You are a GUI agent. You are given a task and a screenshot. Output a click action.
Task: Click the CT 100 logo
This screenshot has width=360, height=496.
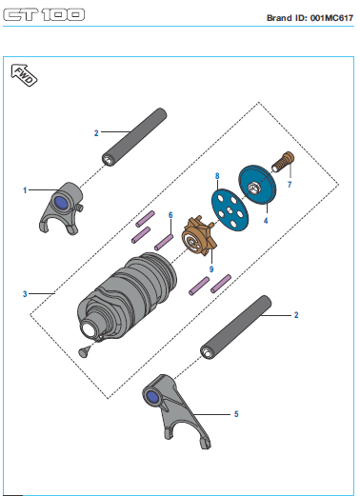tap(44, 15)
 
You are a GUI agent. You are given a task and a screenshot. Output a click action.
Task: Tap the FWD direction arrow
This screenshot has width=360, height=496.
tap(24, 75)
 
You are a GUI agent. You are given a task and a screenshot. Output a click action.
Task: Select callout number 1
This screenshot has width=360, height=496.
tap(25, 190)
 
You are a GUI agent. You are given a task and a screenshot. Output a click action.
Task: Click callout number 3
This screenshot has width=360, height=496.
tap(25, 294)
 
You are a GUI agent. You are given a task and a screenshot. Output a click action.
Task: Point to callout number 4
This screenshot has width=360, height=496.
tap(266, 220)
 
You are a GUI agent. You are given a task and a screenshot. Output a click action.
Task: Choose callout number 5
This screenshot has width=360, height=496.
tap(236, 414)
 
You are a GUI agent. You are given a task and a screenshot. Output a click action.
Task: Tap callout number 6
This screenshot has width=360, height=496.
tap(170, 215)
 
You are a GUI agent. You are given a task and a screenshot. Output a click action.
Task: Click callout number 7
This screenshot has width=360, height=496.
tap(290, 185)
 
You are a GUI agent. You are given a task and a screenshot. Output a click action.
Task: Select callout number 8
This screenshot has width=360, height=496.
tap(217, 176)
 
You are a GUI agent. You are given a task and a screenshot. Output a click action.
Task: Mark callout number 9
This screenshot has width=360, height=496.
tap(211, 269)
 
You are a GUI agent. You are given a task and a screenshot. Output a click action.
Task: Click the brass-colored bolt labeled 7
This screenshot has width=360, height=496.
tap(283, 162)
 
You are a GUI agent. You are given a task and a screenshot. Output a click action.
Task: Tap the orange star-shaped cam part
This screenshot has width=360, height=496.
tap(199, 236)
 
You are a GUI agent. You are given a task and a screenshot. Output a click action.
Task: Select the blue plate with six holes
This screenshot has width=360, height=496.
tap(230, 209)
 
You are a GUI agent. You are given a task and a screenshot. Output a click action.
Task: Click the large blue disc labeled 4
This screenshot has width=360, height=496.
tap(257, 185)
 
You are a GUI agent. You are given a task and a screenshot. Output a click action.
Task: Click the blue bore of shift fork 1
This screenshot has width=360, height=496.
tap(61, 203)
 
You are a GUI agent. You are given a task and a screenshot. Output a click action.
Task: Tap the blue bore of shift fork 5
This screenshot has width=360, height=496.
tap(152, 397)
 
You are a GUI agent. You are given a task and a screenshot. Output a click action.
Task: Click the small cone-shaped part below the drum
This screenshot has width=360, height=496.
tap(84, 352)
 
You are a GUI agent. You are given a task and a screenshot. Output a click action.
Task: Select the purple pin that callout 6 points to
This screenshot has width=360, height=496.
tap(164, 242)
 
